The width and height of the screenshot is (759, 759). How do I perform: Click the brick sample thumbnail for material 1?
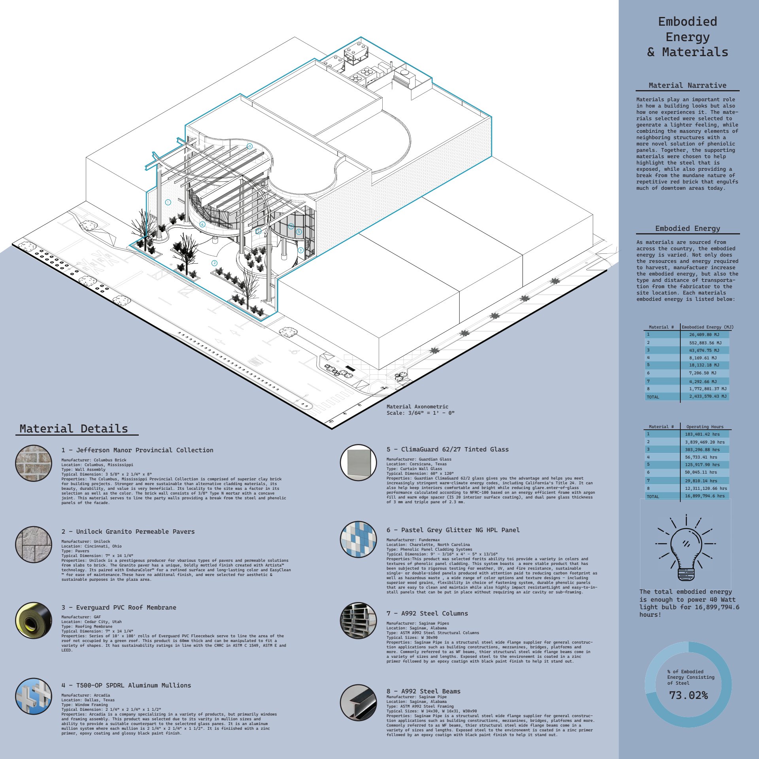click(34, 463)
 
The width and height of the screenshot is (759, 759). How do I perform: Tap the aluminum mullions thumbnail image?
click(34, 697)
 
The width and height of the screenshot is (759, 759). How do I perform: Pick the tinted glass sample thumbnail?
click(358, 462)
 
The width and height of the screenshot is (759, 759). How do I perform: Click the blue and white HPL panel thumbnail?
click(358, 539)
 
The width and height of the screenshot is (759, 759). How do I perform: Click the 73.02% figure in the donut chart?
click(688, 695)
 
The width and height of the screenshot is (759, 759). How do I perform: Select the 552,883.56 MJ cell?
click(705, 343)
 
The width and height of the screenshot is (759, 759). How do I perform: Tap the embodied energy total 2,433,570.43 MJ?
click(708, 396)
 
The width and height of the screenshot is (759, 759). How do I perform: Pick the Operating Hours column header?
click(705, 427)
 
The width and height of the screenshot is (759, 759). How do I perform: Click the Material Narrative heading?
click(687, 85)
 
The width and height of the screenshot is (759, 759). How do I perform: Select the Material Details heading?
click(74, 429)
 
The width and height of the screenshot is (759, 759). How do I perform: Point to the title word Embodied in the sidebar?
click(687, 22)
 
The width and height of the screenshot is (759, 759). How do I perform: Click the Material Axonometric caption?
click(417, 406)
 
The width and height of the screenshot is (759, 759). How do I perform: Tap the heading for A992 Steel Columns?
click(427, 613)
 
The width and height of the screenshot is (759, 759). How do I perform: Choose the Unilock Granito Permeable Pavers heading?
click(128, 531)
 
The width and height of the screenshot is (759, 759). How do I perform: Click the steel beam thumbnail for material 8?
click(358, 702)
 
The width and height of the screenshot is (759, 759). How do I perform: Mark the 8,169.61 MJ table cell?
click(703, 358)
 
